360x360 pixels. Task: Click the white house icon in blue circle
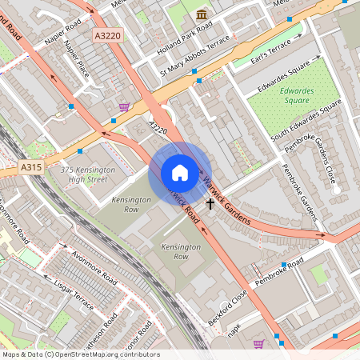tap(180, 173)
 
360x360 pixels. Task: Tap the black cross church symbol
tap(211, 203)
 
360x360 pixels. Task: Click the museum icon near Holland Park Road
tap(202, 14)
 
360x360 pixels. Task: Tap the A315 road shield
tap(30, 167)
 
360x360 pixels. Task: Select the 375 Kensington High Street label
tap(83, 174)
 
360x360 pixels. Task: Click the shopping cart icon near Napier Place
tap(124, 106)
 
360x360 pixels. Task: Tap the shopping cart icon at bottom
tap(258, 344)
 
